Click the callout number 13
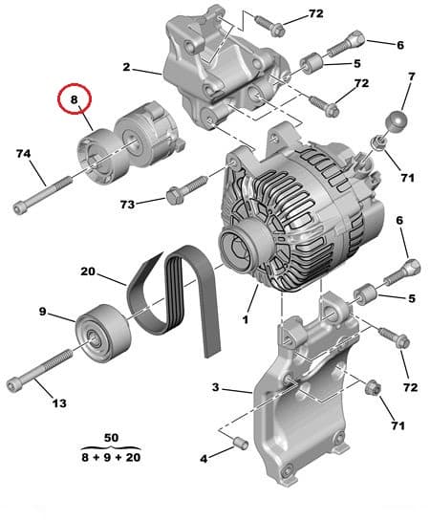click(x=58, y=403)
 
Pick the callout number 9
click(x=43, y=312)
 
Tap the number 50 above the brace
click(x=111, y=437)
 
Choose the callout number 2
click(x=125, y=67)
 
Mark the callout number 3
click(x=216, y=387)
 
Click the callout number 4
click(x=204, y=460)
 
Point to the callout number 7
click(x=412, y=76)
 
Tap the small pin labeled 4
click(x=241, y=444)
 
